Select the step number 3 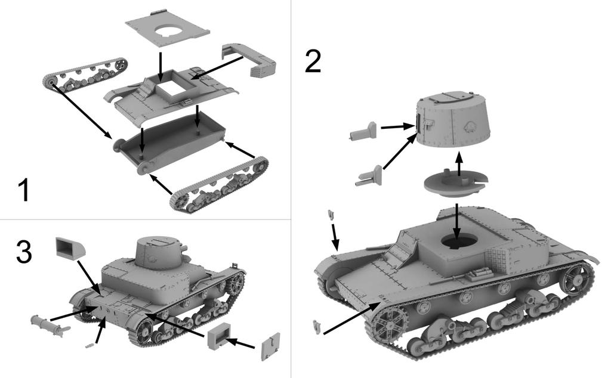tap(23, 253)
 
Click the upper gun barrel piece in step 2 tap(363, 131)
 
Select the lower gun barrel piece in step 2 tap(371, 177)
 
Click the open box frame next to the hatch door tap(219, 336)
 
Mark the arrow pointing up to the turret tap(459, 164)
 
